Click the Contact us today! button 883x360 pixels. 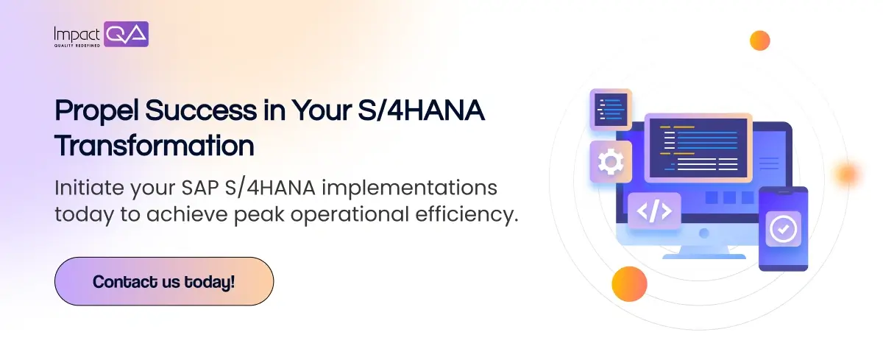pos(164,281)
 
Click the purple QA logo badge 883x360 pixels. pos(126,35)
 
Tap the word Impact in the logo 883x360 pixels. pos(77,35)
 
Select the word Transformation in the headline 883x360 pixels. pos(155,146)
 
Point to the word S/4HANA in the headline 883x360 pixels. pos(422,110)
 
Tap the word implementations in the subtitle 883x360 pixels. pos(410,188)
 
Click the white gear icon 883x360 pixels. pos(611,162)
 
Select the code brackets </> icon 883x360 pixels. pos(654,211)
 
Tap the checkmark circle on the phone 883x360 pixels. pos(783,229)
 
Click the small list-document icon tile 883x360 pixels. pos(611,110)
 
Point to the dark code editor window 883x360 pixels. pos(698,148)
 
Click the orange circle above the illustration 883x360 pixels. pos(760,40)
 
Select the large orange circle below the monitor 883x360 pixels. pos(630,284)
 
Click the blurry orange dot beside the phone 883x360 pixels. pos(847,174)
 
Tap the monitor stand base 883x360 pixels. pos(704,256)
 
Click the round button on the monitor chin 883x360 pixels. pos(704,233)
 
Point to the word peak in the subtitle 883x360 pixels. pos(259,215)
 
